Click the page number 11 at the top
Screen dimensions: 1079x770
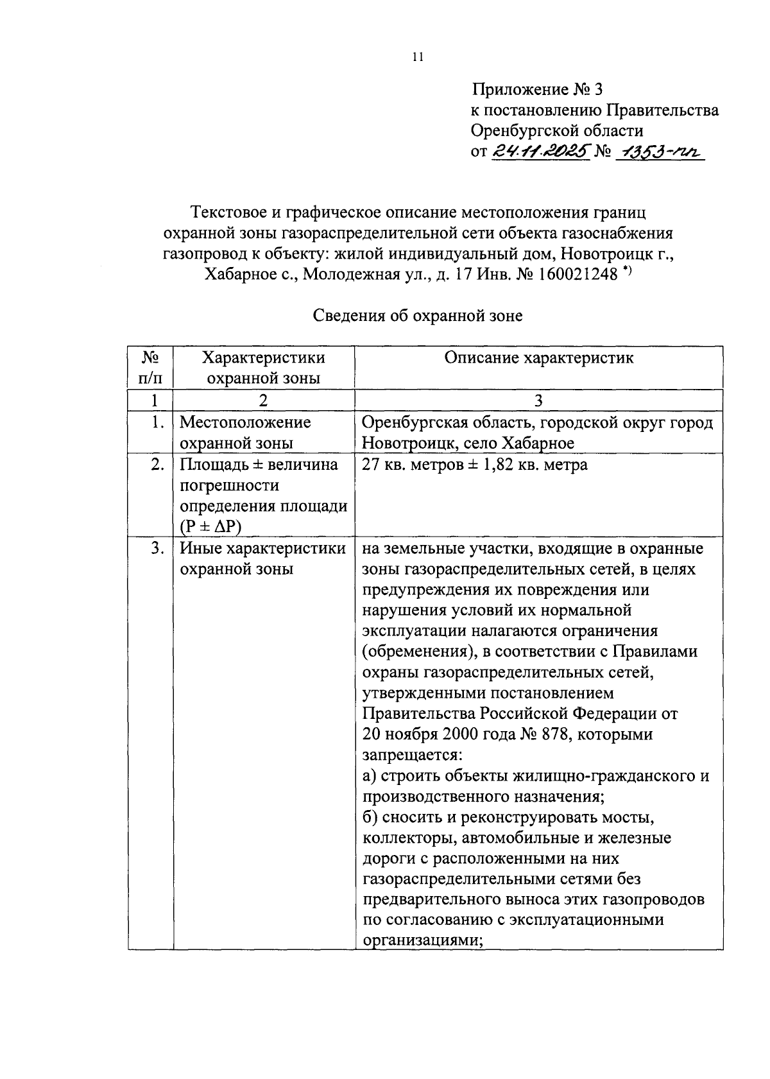click(418, 57)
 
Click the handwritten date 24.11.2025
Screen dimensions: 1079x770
click(541, 152)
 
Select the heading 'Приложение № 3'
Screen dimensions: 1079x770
click(538, 89)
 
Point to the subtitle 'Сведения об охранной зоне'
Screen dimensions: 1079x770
click(418, 316)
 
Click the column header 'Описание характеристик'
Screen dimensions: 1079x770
click(538, 358)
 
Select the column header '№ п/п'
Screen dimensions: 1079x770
click(151, 367)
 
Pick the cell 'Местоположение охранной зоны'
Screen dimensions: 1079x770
click(245, 433)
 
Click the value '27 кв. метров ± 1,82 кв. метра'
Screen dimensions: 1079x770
click(474, 464)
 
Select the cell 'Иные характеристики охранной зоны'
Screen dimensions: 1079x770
click(262, 558)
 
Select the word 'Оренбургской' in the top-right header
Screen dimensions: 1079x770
click(527, 131)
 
